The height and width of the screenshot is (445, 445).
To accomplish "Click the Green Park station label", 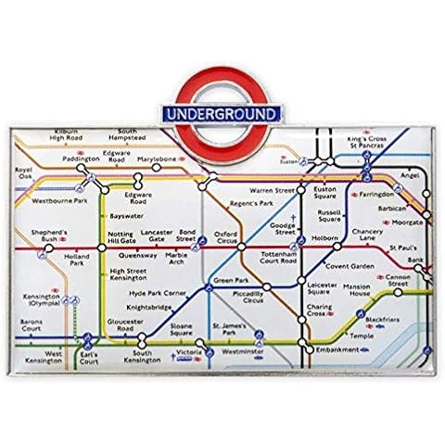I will tap(227, 279).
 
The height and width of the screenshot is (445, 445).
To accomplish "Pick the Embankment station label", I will tap(337, 350).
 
